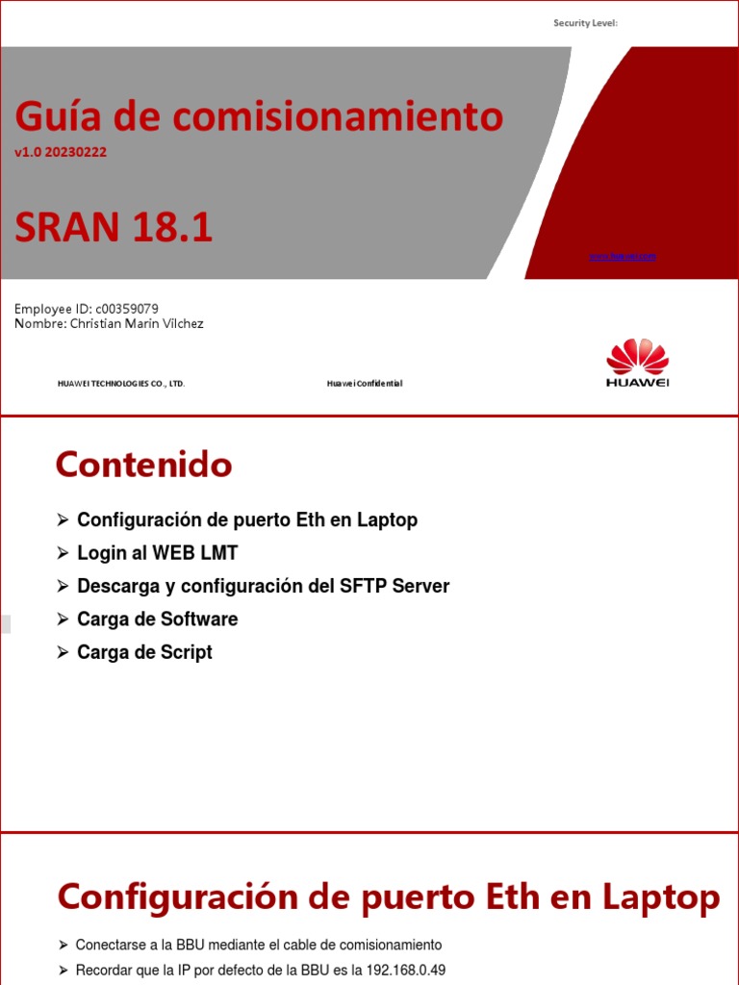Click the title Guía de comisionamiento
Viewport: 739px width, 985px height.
pyautogui.click(x=259, y=117)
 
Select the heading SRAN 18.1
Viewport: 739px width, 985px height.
pyautogui.click(x=114, y=228)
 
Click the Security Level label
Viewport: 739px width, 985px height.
pyautogui.click(x=585, y=23)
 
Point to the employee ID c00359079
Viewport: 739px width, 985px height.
pyautogui.click(x=127, y=309)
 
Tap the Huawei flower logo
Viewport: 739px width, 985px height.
pyautogui.click(x=637, y=358)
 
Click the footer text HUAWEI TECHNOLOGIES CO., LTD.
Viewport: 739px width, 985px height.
pyautogui.click(x=121, y=384)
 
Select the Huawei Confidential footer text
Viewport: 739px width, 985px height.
pyautogui.click(x=365, y=384)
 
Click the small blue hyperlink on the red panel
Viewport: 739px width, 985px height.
pyautogui.click(x=622, y=257)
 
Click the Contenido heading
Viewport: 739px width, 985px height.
pyautogui.click(x=143, y=466)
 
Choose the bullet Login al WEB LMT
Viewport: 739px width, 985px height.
pyautogui.click(x=157, y=553)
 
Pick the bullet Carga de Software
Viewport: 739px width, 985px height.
pyautogui.click(x=157, y=619)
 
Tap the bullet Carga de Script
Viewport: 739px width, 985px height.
pyautogui.click(x=144, y=652)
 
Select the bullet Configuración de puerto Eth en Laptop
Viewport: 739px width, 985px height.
pyautogui.click(x=247, y=520)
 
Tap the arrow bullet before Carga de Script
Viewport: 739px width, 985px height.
pyautogui.click(x=63, y=652)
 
